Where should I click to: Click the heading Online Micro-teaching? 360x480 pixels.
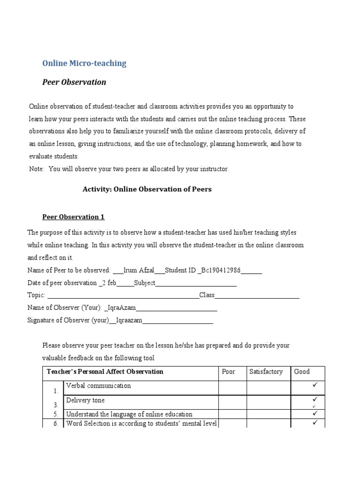pos(84,63)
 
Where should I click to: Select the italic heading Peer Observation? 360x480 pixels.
pos(74,82)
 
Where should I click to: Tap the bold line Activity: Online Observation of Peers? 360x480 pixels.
pos(147,189)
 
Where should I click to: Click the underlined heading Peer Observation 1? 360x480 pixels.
pos(73,217)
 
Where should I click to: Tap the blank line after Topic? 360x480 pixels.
pos(123,296)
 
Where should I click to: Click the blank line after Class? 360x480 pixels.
pos(257,296)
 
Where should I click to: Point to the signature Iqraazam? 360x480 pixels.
pos(128,321)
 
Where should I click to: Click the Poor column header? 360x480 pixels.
pos(228,372)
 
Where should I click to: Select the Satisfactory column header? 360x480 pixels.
pos(266,372)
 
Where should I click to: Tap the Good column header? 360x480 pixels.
pos(302,372)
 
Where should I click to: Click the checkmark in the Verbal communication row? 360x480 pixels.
pos(315,385)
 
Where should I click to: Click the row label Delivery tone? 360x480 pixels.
pos(85,400)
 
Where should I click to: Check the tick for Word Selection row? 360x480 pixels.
pos(315,423)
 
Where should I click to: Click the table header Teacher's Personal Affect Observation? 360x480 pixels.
pos(105,372)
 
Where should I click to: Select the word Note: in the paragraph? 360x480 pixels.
pos(36,169)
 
